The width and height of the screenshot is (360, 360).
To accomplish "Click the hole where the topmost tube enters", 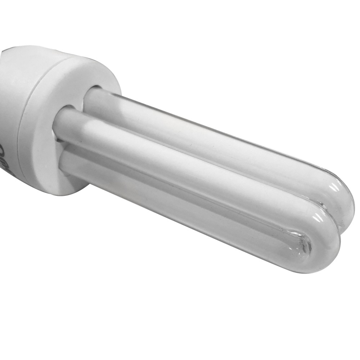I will coord(94,90).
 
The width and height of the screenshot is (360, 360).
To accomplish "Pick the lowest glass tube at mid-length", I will coord(180,205).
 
